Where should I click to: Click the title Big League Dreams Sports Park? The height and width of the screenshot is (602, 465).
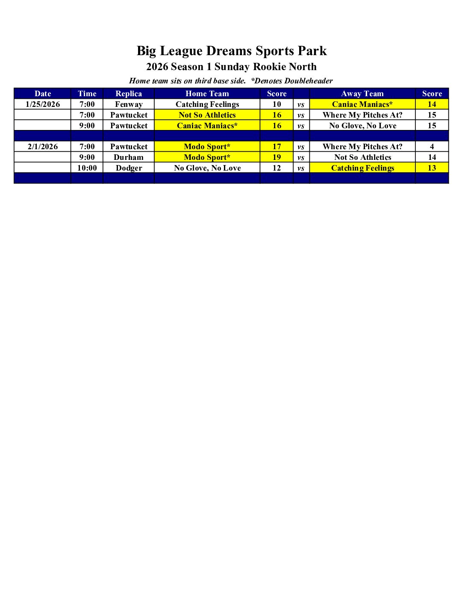232,51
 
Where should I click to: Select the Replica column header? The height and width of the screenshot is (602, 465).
129,94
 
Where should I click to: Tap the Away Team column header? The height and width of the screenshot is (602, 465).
362,94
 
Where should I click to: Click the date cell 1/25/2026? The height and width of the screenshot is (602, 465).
43,104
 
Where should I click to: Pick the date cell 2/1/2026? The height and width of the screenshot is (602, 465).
43,147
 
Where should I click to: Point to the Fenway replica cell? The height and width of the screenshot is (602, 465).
129,104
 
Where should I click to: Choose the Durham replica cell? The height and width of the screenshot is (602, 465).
129,157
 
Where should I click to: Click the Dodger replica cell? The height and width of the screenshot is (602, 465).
129,168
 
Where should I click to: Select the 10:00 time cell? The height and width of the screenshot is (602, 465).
87,168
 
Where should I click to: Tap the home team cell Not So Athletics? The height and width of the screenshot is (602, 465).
207,115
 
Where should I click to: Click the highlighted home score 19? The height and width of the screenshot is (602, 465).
277,157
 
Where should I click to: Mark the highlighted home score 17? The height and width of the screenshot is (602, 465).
277,147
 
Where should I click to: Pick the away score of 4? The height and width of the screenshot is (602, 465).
432,147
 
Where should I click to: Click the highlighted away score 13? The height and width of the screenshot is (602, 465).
432,168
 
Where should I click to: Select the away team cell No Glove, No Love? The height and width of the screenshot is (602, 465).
362,126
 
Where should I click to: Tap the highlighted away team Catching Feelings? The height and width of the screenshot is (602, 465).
362,168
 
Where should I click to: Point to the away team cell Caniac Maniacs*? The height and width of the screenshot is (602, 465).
362,104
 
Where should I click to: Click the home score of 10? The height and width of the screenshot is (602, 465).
277,104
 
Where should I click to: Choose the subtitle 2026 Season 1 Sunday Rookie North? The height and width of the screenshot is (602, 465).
232,67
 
